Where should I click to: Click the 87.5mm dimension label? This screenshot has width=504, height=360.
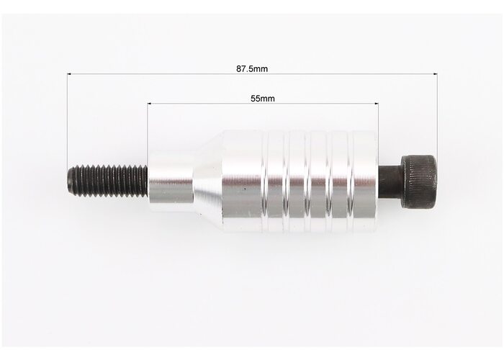point(252,69)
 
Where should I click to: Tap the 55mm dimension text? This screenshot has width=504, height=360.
point(263,99)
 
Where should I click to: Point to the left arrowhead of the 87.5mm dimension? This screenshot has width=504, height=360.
point(69,74)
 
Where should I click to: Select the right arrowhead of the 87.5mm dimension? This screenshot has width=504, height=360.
point(436,74)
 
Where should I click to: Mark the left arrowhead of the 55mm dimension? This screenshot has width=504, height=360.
point(149,104)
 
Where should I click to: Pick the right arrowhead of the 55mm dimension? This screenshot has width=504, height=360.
point(377,104)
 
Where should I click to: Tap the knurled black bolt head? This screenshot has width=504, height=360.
point(419,181)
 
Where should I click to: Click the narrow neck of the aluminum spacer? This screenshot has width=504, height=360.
point(171,182)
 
